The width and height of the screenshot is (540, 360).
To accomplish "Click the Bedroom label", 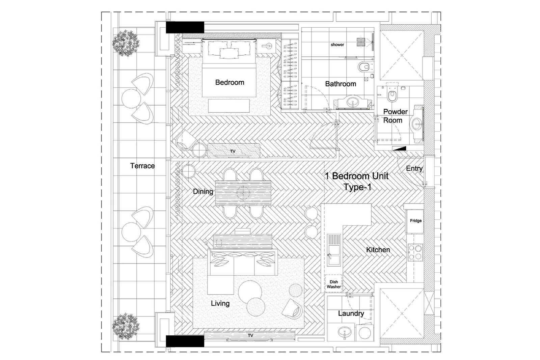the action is (230, 82).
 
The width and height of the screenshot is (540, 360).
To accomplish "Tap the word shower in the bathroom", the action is (337, 45).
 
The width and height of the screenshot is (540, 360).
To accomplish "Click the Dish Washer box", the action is (334, 284).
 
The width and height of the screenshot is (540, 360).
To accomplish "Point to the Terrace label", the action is (142, 166).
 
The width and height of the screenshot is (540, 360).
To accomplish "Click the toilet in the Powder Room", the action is (392, 94).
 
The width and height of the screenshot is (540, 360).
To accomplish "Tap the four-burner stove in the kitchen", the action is (415, 252).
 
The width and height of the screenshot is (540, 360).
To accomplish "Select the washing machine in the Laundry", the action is (365, 333).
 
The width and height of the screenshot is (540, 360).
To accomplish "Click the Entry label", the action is (414, 168).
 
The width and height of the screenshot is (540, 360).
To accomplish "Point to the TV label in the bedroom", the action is (233, 151).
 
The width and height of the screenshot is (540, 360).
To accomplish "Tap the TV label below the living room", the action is (250, 335).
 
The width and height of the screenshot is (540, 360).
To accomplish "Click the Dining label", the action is (203, 192).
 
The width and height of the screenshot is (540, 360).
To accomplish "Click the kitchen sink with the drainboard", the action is (334, 250).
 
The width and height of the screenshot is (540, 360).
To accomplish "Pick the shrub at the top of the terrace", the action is (126, 44).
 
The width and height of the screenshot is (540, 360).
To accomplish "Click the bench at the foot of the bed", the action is (229, 106).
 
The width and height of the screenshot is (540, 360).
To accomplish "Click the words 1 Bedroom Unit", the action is (356, 176).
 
